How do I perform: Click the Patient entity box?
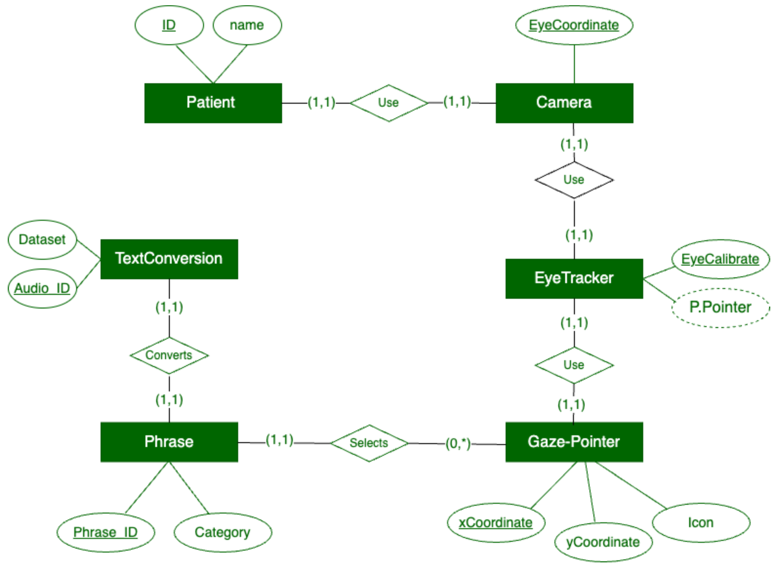pos(213,103)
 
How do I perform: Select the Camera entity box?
pos(564,103)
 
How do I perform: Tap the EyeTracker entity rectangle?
pos(574,279)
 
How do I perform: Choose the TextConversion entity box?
pos(169,259)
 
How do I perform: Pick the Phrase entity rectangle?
pos(169,442)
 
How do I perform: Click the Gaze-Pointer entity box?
pos(574,442)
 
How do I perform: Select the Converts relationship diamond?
pos(169,355)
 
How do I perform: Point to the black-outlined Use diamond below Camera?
pos(574,180)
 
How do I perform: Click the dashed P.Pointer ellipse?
pos(720,307)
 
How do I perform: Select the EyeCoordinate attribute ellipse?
pos(574,25)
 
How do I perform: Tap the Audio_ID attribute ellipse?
pos(42,288)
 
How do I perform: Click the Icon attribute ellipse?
pos(701,523)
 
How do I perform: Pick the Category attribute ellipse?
pos(223,532)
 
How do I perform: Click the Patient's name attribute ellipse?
pos(247,25)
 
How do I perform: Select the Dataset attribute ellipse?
pos(42,240)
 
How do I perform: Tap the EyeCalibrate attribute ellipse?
pos(720,259)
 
